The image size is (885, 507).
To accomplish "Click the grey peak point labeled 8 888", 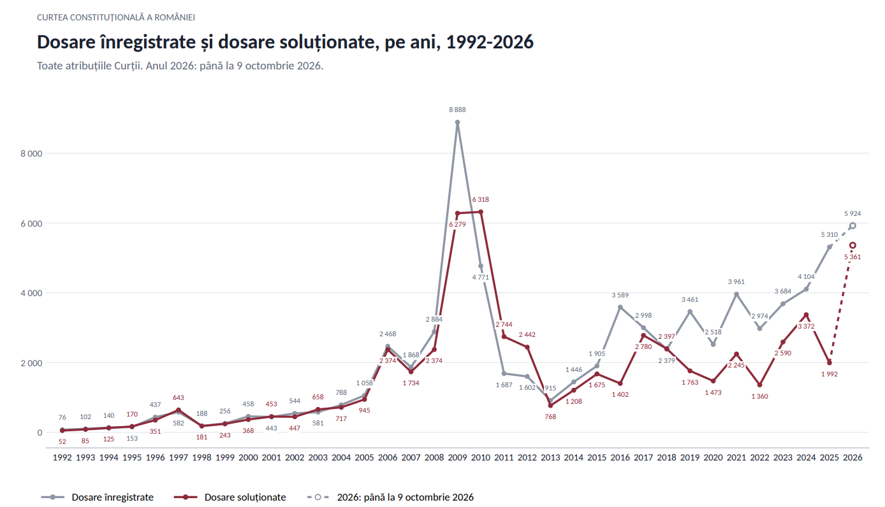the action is (x=458, y=122).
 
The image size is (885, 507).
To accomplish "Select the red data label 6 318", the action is (x=480, y=199).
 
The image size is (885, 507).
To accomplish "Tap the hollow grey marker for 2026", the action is (x=852, y=225).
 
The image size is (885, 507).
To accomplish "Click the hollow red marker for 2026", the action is (x=852, y=245).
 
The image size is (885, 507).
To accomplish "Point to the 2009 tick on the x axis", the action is (x=458, y=457).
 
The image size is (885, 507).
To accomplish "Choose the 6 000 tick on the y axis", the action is (x=32, y=224).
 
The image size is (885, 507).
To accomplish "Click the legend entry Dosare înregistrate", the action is (x=97, y=497).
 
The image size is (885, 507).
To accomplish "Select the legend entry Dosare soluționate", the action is (x=230, y=497).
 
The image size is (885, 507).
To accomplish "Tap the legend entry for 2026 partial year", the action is (x=390, y=497).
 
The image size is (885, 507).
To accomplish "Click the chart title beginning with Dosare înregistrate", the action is (x=285, y=42).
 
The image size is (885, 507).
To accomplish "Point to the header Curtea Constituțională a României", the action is (x=116, y=17).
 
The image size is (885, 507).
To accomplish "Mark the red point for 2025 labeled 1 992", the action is (x=830, y=362).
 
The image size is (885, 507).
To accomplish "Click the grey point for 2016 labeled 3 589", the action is (x=620, y=307).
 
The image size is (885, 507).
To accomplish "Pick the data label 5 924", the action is (x=852, y=213).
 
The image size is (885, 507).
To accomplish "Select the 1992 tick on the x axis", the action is (x=62, y=457).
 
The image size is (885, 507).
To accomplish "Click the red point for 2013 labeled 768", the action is (x=550, y=406).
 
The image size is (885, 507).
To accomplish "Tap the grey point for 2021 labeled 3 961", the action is (x=736, y=294).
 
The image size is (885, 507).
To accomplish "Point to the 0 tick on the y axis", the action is (x=40, y=433).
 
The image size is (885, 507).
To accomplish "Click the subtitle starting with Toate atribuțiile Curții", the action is (x=180, y=66).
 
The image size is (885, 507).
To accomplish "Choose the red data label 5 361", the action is (x=852, y=257).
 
